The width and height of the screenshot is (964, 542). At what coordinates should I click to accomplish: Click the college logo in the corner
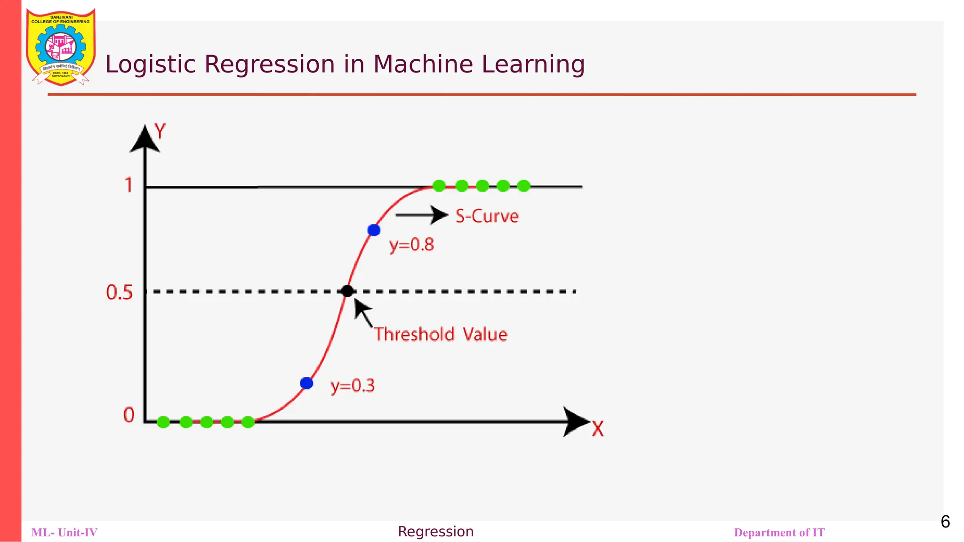[x=61, y=47]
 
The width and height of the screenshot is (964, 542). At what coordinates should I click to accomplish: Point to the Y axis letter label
[x=161, y=131]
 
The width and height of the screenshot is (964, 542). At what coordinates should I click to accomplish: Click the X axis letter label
[x=597, y=429]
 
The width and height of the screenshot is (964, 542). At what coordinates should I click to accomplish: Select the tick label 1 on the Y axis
[x=129, y=185]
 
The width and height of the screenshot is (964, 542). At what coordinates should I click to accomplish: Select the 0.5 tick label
[x=120, y=293]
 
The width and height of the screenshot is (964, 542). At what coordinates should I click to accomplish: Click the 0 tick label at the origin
[x=129, y=415]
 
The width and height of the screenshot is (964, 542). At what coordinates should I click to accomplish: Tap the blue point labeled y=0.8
[x=374, y=230]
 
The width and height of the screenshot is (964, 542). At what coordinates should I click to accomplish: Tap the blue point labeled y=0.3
[x=306, y=383]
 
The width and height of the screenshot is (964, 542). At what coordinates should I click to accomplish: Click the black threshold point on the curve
[x=347, y=291]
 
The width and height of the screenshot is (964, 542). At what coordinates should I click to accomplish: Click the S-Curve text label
[x=487, y=216]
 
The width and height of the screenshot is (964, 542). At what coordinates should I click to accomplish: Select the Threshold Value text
[x=441, y=335]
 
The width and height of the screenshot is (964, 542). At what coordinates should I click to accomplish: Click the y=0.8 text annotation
[x=411, y=245]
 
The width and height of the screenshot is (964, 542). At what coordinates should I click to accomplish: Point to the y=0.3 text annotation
[x=353, y=386]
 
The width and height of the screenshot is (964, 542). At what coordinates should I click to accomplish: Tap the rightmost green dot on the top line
[x=523, y=186]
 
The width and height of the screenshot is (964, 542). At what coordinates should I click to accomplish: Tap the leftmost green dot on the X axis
[x=163, y=422]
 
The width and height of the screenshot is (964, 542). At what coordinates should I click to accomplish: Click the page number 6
[x=945, y=522]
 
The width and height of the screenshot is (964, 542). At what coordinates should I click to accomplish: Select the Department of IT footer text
[x=779, y=533]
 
